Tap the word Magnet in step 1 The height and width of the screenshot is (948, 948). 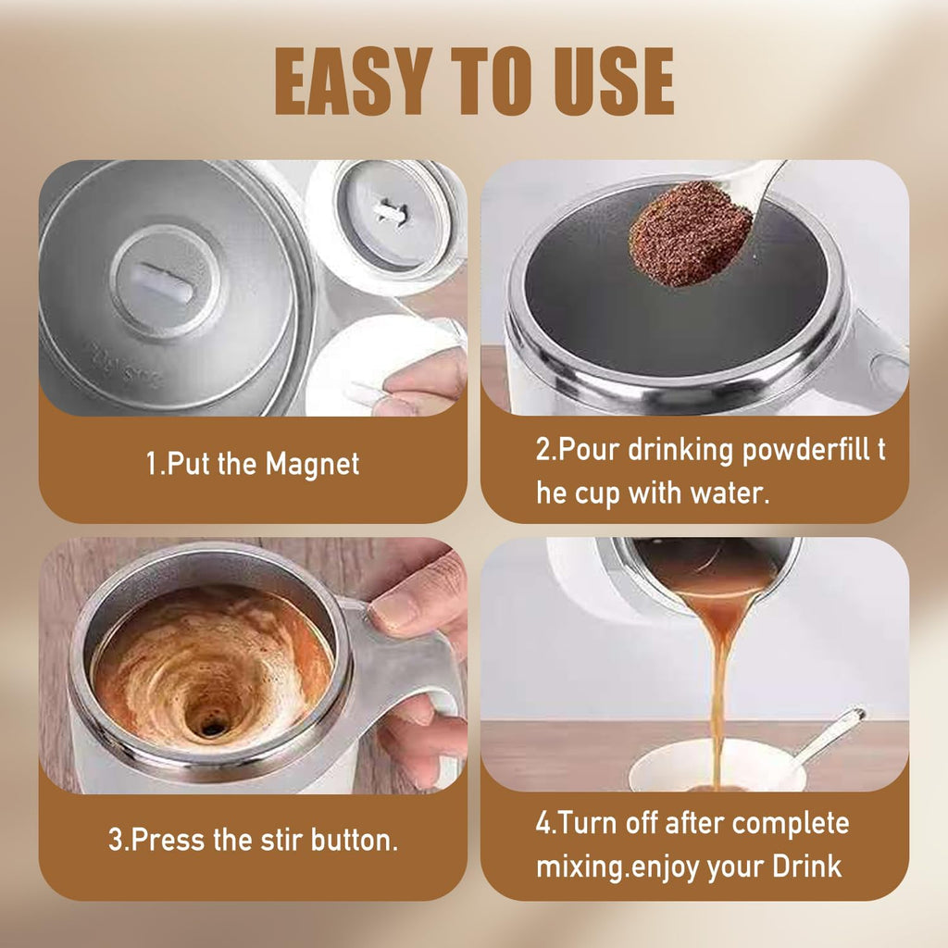click(312, 464)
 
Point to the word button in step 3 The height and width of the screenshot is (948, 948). click(351, 841)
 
